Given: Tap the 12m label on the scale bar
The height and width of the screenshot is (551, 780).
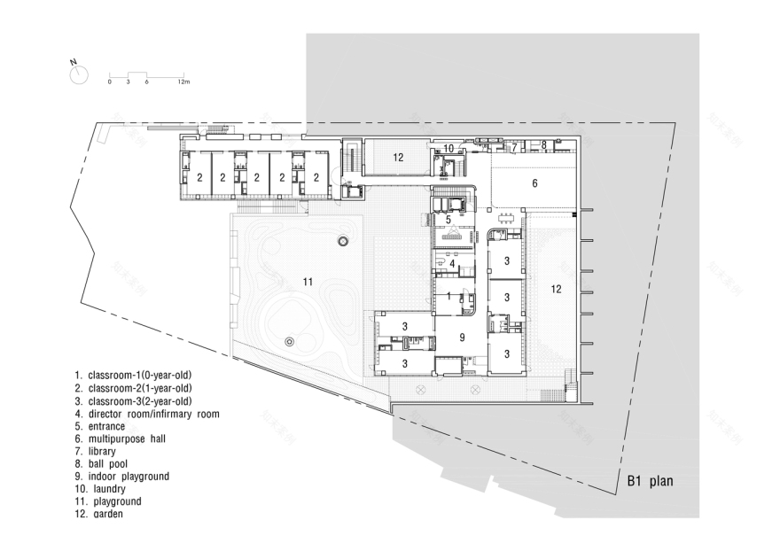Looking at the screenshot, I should click(183, 81).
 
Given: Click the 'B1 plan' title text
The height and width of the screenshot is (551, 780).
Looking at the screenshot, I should click(650, 483).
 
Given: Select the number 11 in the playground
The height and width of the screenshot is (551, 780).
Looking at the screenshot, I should click(308, 281).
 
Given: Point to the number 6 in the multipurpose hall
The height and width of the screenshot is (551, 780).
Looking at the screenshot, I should click(534, 183).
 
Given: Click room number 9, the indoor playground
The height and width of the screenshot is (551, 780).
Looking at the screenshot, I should click(462, 337).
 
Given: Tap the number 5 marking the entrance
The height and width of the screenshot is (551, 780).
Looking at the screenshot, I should click(448, 219).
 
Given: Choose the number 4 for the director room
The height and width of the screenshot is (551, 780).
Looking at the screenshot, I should click(452, 263).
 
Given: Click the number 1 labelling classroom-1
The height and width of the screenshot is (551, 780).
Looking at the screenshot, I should click(449, 296).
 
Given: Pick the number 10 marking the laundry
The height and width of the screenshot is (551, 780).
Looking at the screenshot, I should click(448, 148).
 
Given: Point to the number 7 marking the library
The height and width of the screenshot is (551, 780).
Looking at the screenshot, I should click(513, 148).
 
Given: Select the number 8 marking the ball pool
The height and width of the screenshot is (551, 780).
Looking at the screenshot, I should click(544, 144).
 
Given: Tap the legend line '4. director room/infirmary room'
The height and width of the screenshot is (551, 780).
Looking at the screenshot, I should click(147, 414).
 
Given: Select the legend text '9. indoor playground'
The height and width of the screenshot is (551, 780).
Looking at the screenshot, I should click(122, 476).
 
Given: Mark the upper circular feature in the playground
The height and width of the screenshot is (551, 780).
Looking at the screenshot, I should click(343, 241).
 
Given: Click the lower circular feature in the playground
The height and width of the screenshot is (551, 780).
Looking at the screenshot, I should click(289, 341).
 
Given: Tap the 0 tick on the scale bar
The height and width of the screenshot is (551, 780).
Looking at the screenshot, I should click(110, 81).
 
